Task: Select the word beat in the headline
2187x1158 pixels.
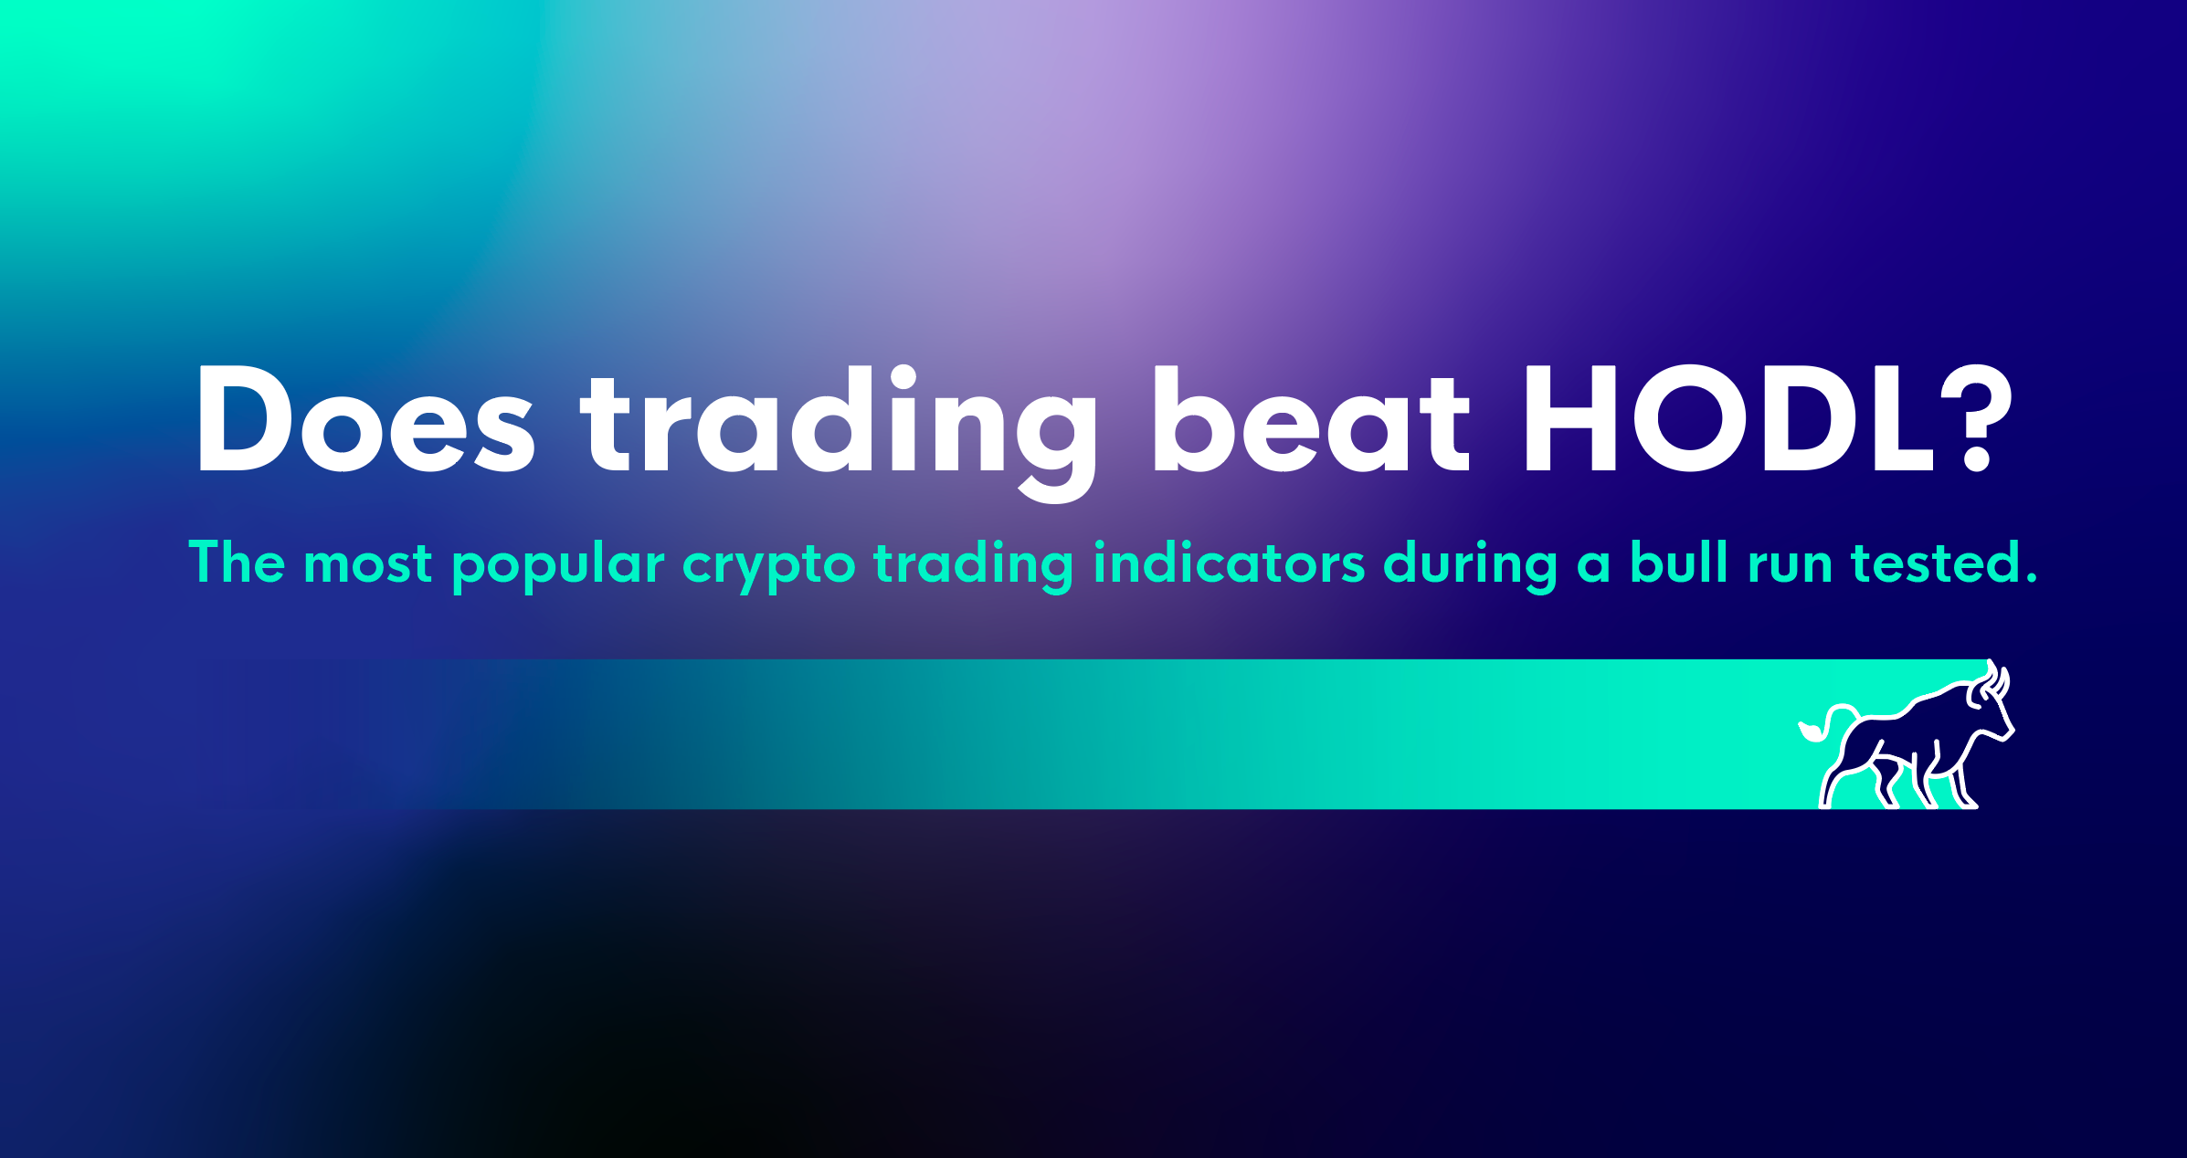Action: (1311, 418)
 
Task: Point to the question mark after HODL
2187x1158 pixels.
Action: (1975, 418)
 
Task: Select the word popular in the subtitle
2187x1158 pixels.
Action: (558, 566)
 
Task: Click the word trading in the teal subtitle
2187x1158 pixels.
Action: (973, 566)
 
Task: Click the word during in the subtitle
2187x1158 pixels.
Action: (1470, 566)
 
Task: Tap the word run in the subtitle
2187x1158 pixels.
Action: (1790, 566)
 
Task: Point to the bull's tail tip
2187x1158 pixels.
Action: (1805, 732)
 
